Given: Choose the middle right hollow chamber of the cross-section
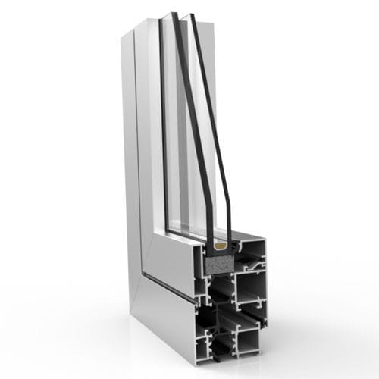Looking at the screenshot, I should [249, 289].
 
